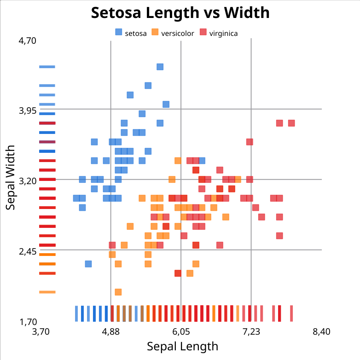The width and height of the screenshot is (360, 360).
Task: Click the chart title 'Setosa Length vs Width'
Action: click(x=180, y=13)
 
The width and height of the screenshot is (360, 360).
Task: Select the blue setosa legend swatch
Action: click(x=119, y=32)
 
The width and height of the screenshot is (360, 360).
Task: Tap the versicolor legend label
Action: click(x=177, y=33)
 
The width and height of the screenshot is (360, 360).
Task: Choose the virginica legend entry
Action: click(x=223, y=33)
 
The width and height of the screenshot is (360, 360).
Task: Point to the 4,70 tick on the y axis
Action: click(x=27, y=41)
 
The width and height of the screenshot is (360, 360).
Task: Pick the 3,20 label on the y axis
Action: click(x=27, y=181)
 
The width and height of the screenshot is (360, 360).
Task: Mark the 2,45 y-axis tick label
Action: click(x=27, y=251)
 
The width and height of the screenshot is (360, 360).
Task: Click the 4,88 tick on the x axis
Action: click(x=111, y=331)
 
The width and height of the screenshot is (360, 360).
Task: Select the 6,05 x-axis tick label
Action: click(x=181, y=331)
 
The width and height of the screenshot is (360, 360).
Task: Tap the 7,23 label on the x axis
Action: click(x=251, y=331)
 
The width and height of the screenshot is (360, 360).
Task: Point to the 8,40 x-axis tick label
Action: click(x=321, y=331)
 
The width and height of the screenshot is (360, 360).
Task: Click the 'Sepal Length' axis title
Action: click(x=182, y=346)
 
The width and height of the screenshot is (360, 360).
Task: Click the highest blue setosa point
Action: click(x=160, y=67)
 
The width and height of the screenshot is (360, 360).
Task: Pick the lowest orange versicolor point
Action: click(x=118, y=292)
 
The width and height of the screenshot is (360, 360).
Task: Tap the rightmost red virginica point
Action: click(x=291, y=123)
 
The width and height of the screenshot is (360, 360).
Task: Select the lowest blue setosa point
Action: click(x=88, y=264)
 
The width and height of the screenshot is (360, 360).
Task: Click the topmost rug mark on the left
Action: click(x=47, y=67)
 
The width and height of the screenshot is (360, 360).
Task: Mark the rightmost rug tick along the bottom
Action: click(x=291, y=314)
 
